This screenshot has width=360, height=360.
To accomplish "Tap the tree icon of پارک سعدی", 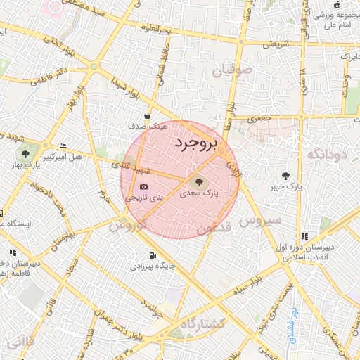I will [x=195, y=181].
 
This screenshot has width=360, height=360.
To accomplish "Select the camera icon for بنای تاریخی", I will [x=143, y=187].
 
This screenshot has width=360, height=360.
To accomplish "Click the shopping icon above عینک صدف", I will [x=147, y=116].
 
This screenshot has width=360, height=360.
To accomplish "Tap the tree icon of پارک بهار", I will [x=25, y=154].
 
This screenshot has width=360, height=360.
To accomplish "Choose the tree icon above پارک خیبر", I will [x=285, y=176].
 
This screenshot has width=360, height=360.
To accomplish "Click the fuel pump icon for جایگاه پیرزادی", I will [x=152, y=256].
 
